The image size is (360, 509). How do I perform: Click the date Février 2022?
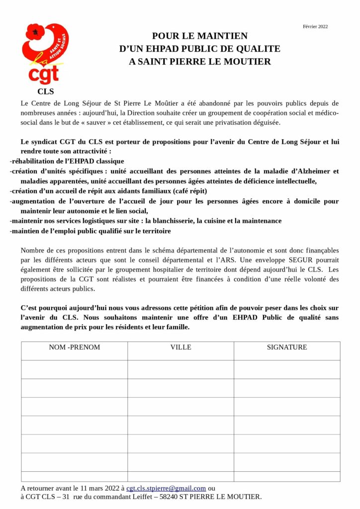315,26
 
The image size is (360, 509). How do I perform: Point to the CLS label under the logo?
45,91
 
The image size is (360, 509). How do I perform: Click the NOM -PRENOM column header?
74,347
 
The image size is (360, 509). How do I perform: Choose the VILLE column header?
180,347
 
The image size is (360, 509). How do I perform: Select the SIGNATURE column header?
287,347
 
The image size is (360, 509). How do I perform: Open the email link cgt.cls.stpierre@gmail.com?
166,488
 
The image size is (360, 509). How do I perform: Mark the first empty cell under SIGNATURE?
287,369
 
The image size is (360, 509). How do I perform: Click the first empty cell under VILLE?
180,369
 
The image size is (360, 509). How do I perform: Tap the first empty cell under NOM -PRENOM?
74,369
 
